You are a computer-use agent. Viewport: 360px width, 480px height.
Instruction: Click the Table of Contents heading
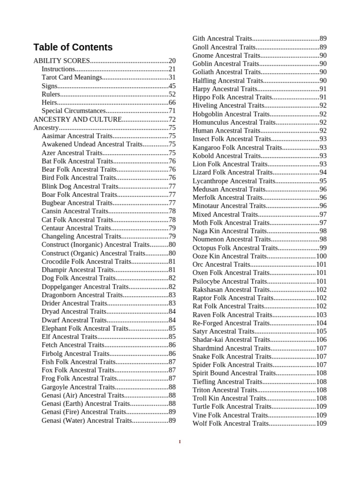(x=73, y=47)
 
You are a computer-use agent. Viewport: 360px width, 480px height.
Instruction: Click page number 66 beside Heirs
(x=172, y=103)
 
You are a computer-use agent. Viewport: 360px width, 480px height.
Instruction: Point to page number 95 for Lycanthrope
(x=323, y=181)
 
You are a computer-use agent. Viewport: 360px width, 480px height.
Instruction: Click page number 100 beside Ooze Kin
(x=321, y=256)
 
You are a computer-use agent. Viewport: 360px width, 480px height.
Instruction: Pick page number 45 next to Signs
(x=172, y=86)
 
